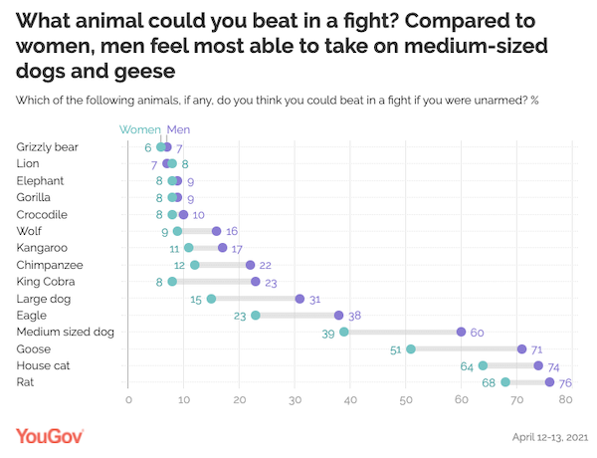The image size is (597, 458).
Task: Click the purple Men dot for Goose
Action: coord(521,349)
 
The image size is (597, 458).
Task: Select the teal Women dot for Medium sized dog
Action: coord(344,333)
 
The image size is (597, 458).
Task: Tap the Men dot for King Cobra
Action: coord(256,282)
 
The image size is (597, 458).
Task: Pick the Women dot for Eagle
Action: coord(256,316)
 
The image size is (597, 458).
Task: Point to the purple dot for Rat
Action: coord(549,382)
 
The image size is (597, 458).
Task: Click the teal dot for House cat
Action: coord(483,366)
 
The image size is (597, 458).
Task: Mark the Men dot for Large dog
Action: coord(299,299)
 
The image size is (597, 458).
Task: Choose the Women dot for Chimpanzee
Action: coord(195,265)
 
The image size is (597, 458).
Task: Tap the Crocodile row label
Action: coord(42,214)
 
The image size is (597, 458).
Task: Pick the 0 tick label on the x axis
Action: coord(128,401)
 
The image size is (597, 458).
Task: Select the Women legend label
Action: coord(139,128)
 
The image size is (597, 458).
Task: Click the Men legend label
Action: coord(179,128)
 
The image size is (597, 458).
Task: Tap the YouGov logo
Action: coord(50,436)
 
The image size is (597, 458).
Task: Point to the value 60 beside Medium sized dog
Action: coord(477,333)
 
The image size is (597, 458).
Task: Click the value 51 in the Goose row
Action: coord(396,349)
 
